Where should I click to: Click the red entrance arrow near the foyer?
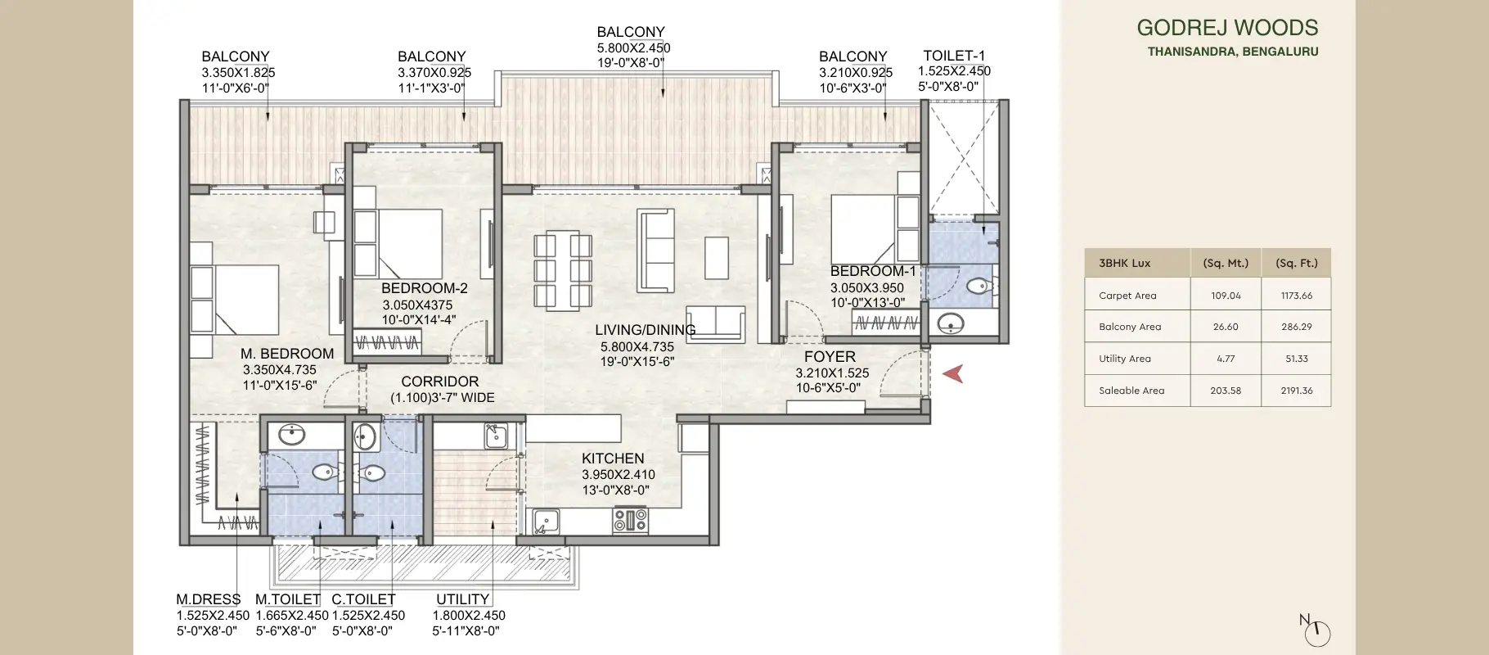point(953,374)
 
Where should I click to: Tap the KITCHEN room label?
point(613,458)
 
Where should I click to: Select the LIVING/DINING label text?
point(645,330)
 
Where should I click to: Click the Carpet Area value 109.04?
point(1226,296)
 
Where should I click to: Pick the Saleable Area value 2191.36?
point(1296,391)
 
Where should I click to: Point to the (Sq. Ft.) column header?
point(1296,264)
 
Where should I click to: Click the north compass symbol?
point(1316,631)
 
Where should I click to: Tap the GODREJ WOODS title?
point(1227,28)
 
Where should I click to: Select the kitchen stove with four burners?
point(630,519)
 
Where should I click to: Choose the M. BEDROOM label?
point(287,354)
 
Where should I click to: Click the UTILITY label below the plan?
point(462,599)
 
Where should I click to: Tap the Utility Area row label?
point(1124,359)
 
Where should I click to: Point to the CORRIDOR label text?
point(439,382)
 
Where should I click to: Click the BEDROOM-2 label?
point(424,288)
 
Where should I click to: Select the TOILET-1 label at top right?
point(954,56)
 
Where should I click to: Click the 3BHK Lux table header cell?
point(1124,264)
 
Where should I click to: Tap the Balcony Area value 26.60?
point(1226,327)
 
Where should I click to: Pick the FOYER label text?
point(830,357)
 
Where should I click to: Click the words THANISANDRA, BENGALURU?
point(1232,52)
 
